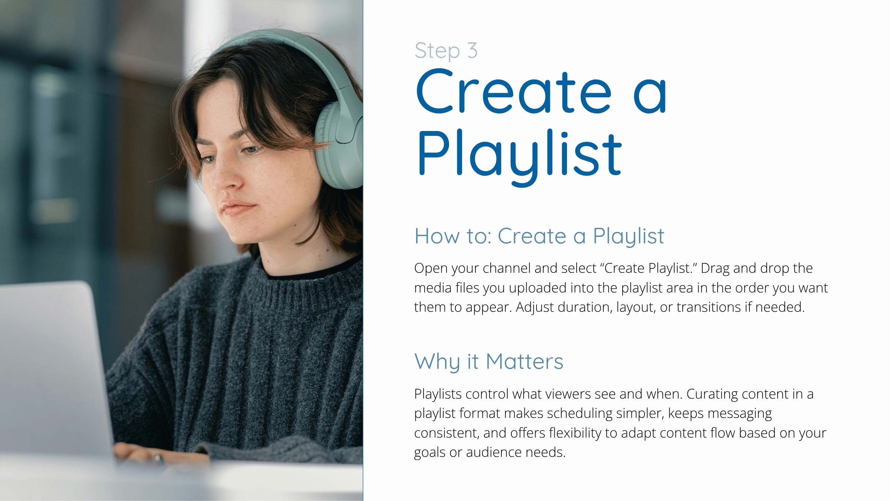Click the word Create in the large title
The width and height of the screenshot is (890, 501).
[x=514, y=91]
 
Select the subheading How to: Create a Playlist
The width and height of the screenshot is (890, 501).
[x=539, y=236]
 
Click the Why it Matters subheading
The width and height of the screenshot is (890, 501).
[x=489, y=361]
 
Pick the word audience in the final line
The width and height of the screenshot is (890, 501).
[x=494, y=452]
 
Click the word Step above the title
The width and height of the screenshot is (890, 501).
[x=437, y=51]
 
